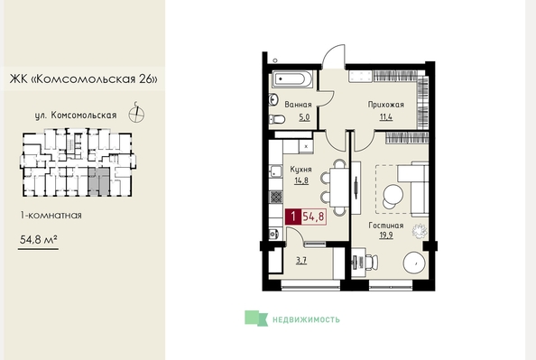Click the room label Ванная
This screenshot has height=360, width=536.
(298, 105)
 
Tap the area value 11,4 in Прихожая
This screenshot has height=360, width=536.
(386, 117)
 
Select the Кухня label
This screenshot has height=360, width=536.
(300, 170)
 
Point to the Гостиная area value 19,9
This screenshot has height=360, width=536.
(386, 235)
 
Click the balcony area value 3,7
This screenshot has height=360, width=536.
(301, 261)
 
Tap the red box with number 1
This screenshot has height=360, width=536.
(293, 217)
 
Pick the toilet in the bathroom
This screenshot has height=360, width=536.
(277, 119)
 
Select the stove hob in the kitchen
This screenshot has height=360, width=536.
(276, 197)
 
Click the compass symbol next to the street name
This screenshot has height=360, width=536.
(136, 114)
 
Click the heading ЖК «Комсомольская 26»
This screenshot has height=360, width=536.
(84, 79)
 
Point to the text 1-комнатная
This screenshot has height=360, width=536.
(51, 216)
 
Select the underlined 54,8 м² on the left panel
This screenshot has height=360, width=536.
(38, 240)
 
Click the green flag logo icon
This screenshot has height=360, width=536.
(256, 318)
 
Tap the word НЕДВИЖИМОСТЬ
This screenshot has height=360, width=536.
(306, 319)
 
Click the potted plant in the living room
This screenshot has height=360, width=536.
(420, 231)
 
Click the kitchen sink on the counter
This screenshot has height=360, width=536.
(275, 171)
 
